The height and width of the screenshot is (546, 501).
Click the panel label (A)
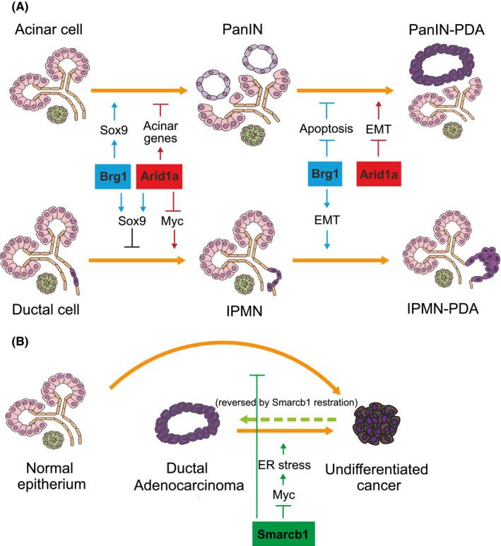pos(16,8)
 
